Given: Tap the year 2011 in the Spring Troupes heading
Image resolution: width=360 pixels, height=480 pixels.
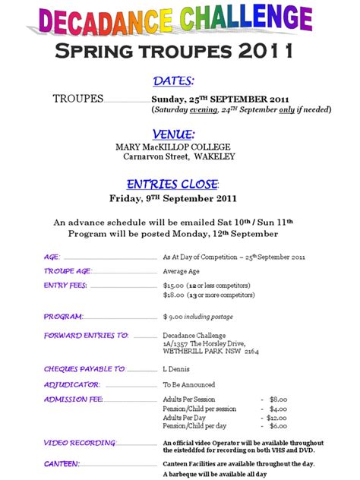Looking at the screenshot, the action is coord(257,52).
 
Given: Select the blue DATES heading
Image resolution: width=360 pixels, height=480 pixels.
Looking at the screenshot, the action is coord(174,81).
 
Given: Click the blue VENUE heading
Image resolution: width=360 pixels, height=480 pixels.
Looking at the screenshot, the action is coord(174,134).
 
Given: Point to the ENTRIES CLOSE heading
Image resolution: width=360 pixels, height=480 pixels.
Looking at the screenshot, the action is coord(172,185).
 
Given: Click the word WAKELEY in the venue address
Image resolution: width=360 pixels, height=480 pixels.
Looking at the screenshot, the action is coord(215,156).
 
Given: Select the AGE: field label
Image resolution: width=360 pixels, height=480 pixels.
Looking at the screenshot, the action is coord(52,257).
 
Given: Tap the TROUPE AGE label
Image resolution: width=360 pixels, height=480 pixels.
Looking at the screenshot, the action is coord(68,271).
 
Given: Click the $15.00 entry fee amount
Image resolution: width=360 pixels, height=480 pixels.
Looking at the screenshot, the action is coord(174,286).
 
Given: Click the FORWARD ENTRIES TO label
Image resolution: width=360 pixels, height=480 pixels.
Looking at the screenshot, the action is coord(86,336).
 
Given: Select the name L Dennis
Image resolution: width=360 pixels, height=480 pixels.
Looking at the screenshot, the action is coord(175,369).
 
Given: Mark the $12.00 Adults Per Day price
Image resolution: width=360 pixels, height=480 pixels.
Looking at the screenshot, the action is coord(276,417).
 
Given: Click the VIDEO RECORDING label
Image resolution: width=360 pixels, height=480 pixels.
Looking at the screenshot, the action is coord(80,443).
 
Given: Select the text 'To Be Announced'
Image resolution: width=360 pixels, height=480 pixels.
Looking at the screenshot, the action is coord(189,385).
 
